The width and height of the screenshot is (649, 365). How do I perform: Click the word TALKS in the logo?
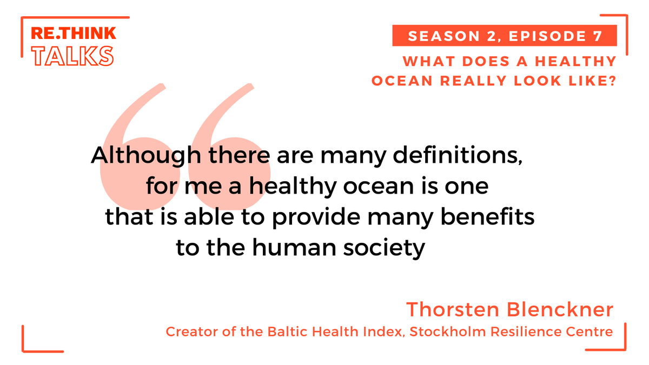[x=72, y=55]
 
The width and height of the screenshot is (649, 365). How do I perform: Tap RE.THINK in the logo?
[x=73, y=34]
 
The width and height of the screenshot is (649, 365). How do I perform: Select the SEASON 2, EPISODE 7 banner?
[x=504, y=36]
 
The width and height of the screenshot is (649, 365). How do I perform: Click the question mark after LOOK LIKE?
[x=612, y=81]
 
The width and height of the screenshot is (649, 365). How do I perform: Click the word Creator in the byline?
[x=187, y=331]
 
